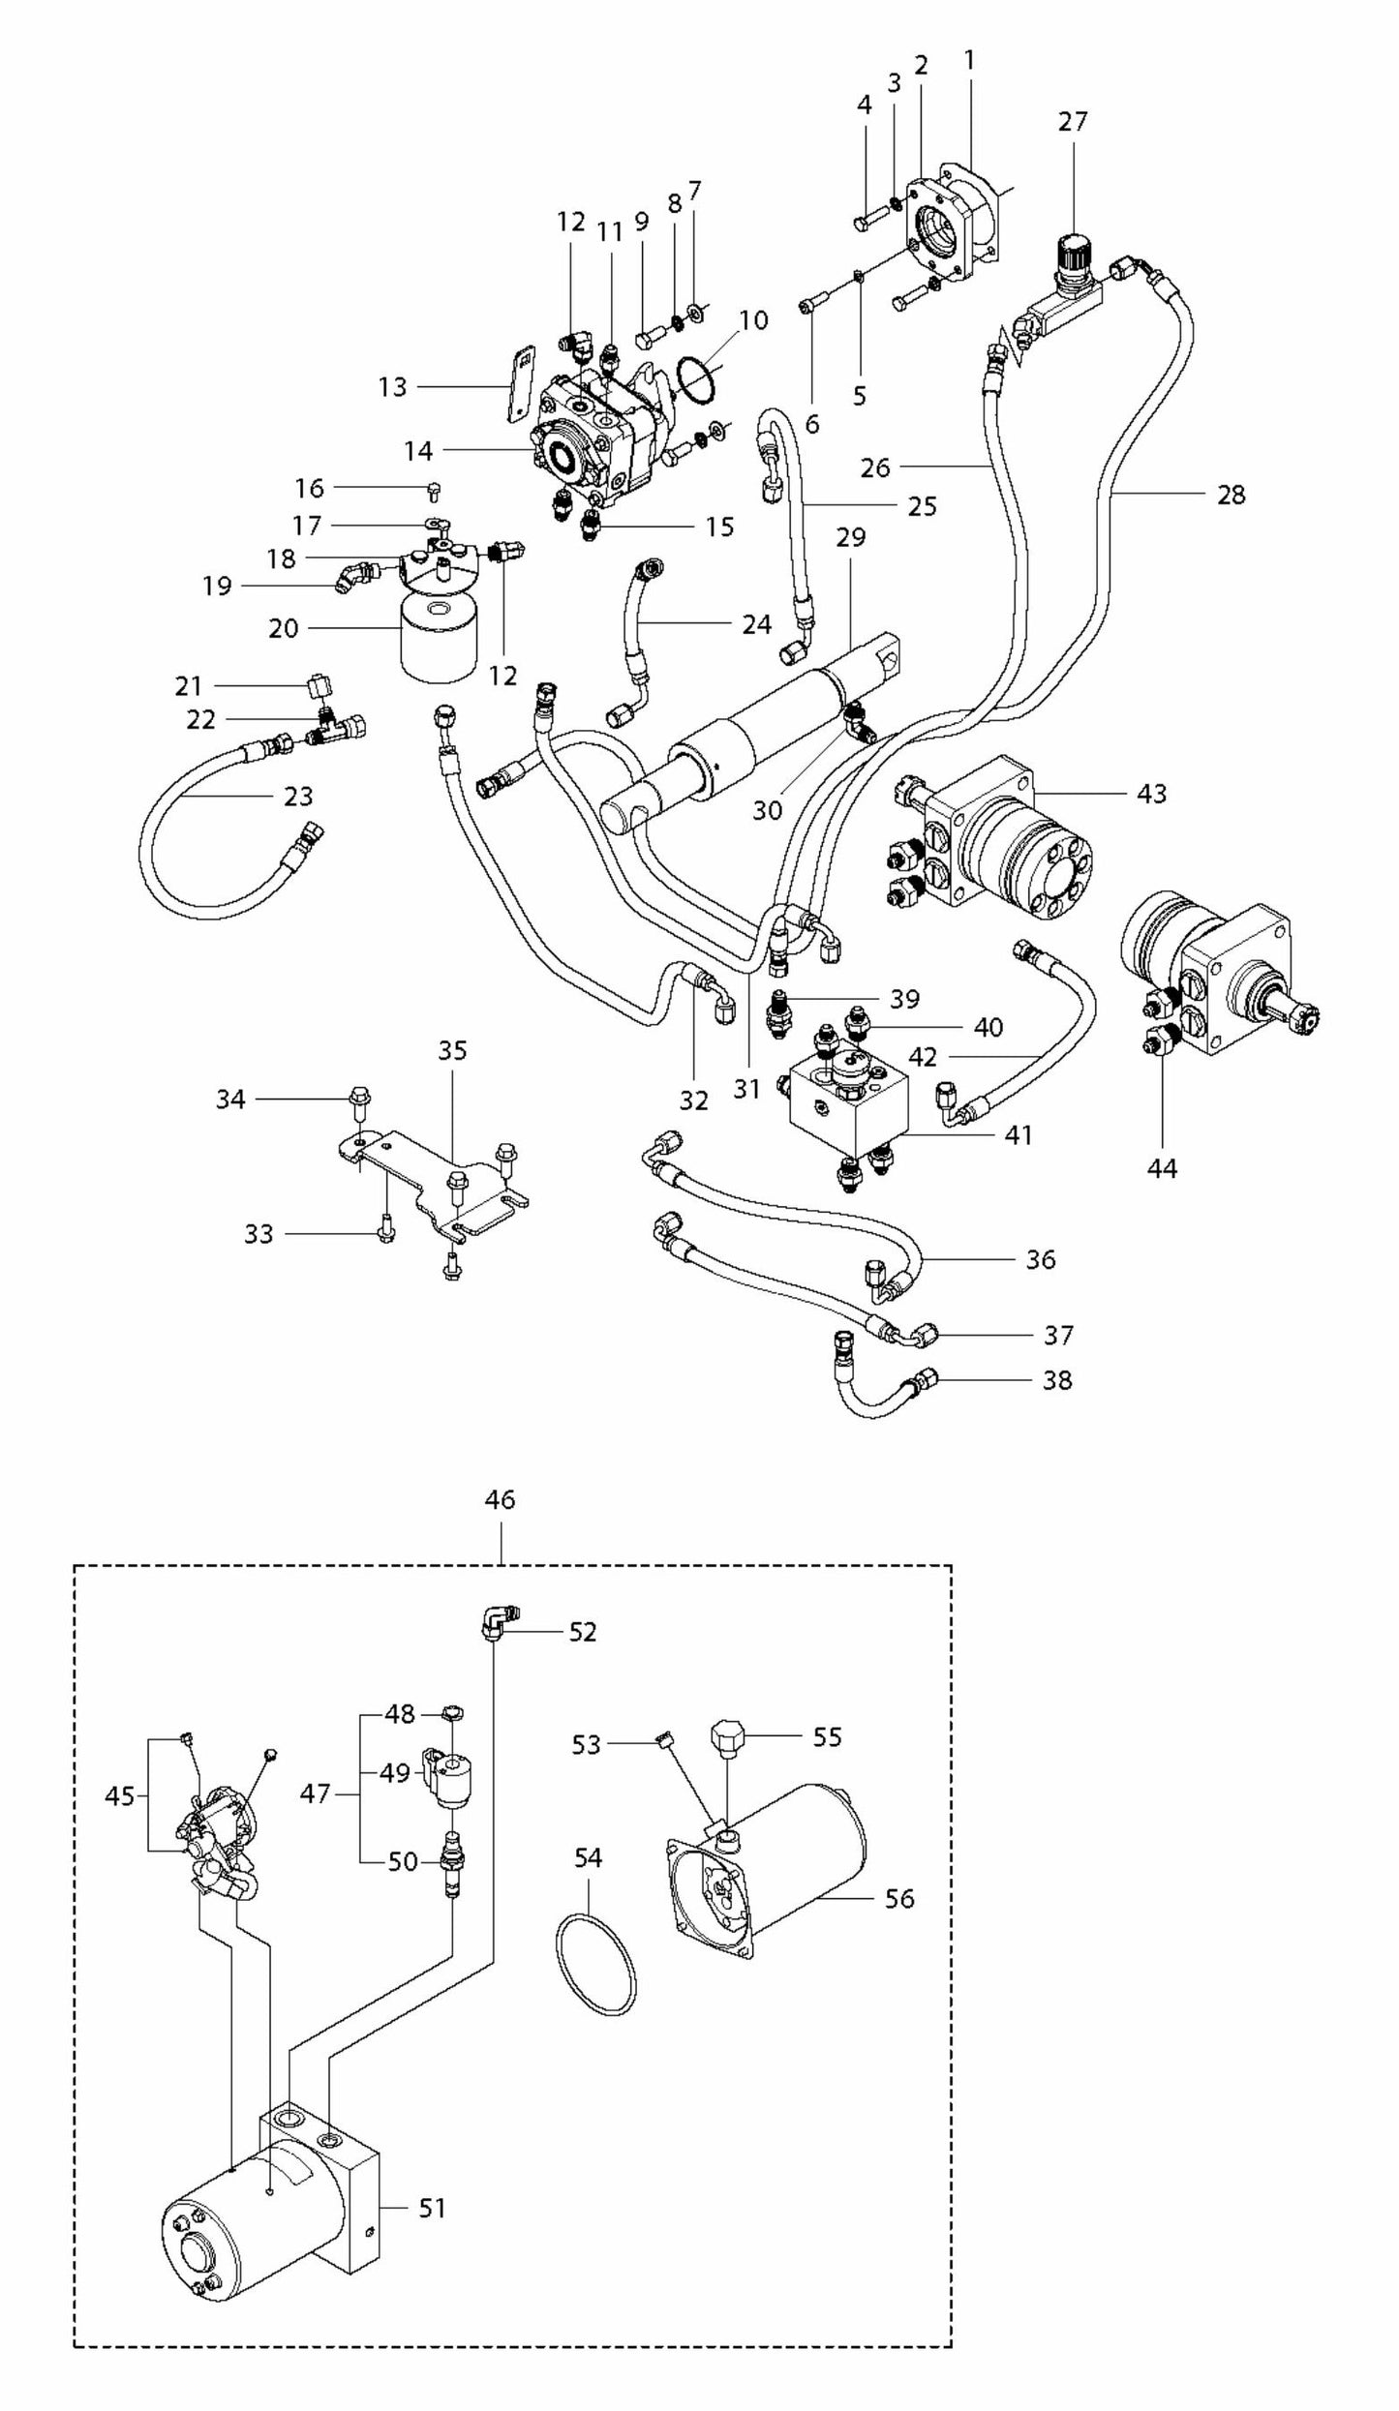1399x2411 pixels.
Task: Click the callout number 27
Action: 1073,122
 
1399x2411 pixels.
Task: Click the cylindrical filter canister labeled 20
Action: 439,637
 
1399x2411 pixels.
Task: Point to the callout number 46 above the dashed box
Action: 500,1500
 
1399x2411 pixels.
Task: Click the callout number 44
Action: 1161,1169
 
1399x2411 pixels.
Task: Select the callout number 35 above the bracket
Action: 452,1051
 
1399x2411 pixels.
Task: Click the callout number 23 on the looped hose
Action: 298,796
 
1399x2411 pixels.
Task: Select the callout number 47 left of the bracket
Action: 315,1793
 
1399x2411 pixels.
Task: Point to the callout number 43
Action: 1151,794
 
